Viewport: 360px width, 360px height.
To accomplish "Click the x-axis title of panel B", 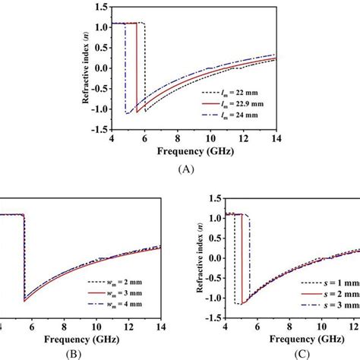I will tap(80, 338).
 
